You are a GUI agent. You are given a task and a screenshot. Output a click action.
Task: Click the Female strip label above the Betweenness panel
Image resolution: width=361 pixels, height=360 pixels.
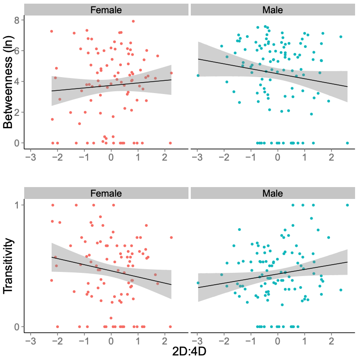(106, 10)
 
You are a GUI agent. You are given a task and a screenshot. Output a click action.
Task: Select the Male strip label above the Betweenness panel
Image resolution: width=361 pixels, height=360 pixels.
(272, 10)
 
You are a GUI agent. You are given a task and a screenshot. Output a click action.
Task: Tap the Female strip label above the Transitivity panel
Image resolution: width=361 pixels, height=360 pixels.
(106, 193)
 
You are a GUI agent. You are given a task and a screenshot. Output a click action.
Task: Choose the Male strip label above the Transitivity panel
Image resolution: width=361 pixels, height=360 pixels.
(272, 193)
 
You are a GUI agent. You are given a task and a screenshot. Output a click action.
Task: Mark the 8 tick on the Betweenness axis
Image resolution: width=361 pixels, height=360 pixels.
(16, 20)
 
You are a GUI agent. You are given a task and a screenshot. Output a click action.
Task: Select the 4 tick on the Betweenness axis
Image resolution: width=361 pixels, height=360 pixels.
(16, 82)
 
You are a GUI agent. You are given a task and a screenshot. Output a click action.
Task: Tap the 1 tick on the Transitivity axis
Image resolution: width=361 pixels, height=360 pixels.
(16, 205)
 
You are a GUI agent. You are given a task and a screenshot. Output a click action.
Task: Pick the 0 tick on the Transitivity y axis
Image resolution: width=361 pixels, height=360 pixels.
(16, 327)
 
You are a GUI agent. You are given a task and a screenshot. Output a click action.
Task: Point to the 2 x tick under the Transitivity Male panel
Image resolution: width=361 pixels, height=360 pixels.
(331, 340)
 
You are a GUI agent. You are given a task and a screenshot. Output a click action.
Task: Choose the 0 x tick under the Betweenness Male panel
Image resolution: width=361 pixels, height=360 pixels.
(277, 157)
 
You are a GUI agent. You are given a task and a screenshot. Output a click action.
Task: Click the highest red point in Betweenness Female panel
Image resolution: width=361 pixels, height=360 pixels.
(133, 21)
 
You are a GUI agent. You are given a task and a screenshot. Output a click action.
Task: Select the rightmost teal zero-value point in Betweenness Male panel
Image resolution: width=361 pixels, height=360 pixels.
(347, 143)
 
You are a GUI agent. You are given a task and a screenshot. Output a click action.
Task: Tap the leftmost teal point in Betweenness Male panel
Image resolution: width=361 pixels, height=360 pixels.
(198, 75)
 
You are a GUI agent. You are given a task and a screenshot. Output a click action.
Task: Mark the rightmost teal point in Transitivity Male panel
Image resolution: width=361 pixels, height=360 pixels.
(347, 205)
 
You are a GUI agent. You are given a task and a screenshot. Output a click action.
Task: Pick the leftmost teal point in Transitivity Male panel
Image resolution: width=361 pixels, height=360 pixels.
(198, 283)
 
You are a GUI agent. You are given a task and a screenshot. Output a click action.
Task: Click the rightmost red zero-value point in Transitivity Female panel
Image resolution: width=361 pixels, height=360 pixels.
(170, 327)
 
